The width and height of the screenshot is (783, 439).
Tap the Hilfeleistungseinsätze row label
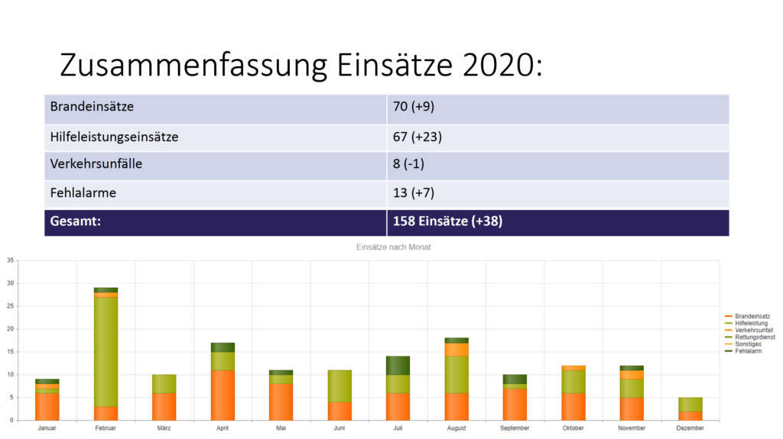point(114,137)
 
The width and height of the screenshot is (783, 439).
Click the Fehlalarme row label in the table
point(83,192)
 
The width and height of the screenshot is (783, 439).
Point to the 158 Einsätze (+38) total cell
point(447,221)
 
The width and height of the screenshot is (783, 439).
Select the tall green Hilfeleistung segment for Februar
point(106,351)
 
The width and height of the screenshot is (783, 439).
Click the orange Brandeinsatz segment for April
point(223,395)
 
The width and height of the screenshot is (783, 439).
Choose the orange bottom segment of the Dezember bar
point(690,415)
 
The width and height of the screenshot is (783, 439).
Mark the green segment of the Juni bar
point(340,386)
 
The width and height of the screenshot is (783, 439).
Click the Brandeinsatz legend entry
point(752,316)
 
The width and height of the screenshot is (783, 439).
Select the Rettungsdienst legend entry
point(754,337)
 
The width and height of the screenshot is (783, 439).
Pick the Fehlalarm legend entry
point(749,351)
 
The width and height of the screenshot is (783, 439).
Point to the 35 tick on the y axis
point(10,261)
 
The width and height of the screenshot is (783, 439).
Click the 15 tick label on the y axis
point(10,352)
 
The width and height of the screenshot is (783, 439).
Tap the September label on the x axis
point(515,428)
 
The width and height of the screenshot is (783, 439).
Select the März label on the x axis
point(164,428)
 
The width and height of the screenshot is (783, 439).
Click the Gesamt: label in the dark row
point(76,221)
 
